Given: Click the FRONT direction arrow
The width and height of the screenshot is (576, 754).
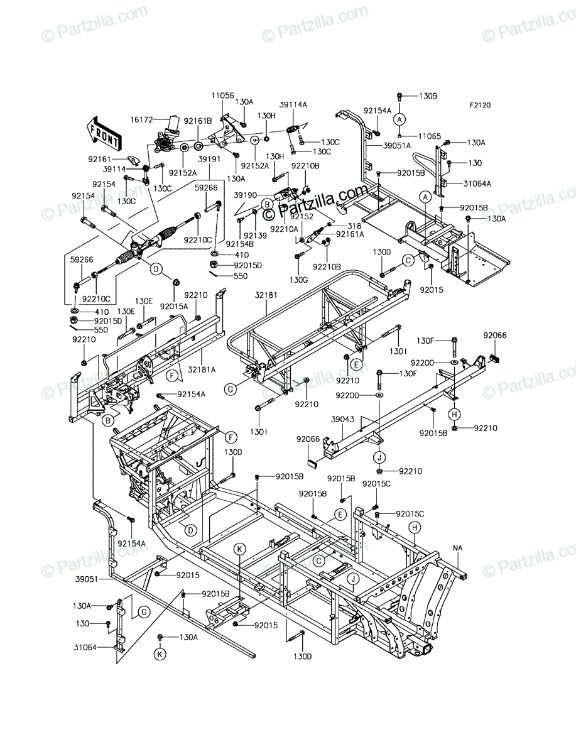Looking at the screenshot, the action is click(x=104, y=134).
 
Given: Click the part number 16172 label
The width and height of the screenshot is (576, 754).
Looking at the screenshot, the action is click(x=141, y=119).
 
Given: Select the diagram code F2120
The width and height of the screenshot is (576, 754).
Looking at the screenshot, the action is click(x=481, y=105).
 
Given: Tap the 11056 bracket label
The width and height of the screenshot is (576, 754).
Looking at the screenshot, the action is click(x=222, y=95).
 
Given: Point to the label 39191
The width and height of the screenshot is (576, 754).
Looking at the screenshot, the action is click(x=209, y=159).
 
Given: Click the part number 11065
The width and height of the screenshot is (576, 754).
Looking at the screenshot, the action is click(x=430, y=136).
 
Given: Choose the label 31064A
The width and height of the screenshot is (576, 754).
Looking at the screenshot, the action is click(x=477, y=183).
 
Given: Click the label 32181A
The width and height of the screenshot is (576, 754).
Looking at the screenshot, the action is click(x=202, y=369).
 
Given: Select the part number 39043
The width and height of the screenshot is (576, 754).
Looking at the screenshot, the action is click(x=342, y=420).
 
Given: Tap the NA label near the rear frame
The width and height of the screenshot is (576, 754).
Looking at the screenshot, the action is click(x=457, y=549).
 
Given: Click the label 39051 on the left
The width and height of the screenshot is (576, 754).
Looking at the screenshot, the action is click(x=87, y=579).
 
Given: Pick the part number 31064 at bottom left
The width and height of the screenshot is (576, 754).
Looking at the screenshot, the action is click(x=85, y=648).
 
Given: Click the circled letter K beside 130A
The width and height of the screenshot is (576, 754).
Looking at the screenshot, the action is click(x=160, y=654).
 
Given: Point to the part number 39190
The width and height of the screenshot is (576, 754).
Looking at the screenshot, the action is click(x=245, y=195).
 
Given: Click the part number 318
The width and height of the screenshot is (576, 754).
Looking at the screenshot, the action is click(x=354, y=226).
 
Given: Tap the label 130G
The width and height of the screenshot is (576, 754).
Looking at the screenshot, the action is click(x=298, y=280).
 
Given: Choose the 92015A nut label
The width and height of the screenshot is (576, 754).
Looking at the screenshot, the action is click(x=174, y=306).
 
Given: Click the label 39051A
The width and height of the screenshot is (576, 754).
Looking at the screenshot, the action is click(x=397, y=146).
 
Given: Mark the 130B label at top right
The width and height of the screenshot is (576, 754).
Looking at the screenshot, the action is click(x=428, y=96).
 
